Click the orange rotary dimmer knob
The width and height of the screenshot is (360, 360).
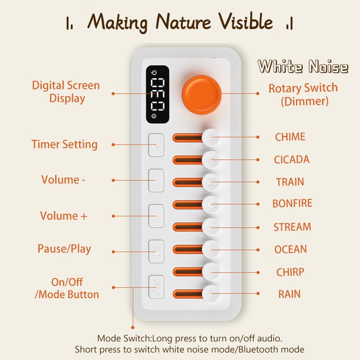[x=201, y=94]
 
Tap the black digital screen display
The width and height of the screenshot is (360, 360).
[x=158, y=94]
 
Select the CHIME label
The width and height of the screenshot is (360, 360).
[x=290, y=137]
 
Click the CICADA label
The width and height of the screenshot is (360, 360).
[x=292, y=160]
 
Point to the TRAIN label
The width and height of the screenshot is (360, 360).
[x=290, y=182]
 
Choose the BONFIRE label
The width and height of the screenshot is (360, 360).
[x=292, y=204]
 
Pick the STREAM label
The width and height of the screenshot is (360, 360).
[x=292, y=227]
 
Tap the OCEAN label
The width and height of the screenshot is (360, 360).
[x=291, y=249]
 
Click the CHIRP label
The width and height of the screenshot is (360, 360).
[x=290, y=272]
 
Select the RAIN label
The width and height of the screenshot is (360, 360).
[x=289, y=294]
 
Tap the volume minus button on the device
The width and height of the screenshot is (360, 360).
[x=156, y=180]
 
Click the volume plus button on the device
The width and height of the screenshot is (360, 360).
[x=156, y=216]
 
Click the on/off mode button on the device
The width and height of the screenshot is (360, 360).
[x=156, y=287]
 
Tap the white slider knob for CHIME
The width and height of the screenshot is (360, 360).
[x=211, y=137]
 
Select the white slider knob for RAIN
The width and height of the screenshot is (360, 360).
[x=211, y=293]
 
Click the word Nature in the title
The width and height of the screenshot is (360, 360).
[x=183, y=21]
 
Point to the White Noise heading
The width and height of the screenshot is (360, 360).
[x=303, y=66]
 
